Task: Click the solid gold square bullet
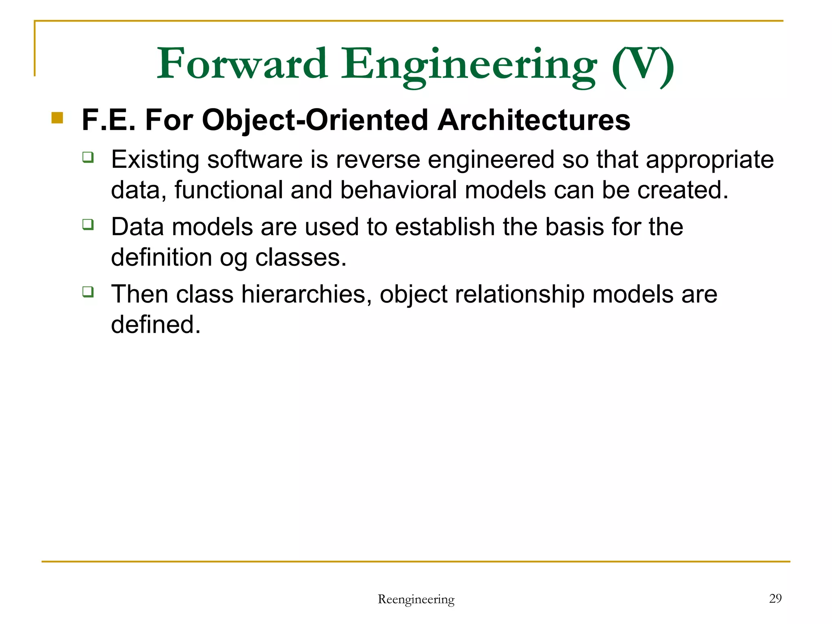pyautogui.click(x=57, y=118)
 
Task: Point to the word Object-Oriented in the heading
pyautogui.click(x=315, y=121)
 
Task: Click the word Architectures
pyautogui.click(x=534, y=120)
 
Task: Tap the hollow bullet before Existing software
pyautogui.click(x=88, y=157)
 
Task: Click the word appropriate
pyautogui.click(x=710, y=160)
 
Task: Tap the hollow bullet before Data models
pyautogui.click(x=88, y=224)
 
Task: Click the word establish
pyautogui.click(x=445, y=227)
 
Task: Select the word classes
pyautogui.click(x=301, y=258)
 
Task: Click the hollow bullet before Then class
pyautogui.click(x=88, y=291)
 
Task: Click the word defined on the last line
pyautogui.click(x=156, y=325)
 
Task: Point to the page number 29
pyautogui.click(x=775, y=598)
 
